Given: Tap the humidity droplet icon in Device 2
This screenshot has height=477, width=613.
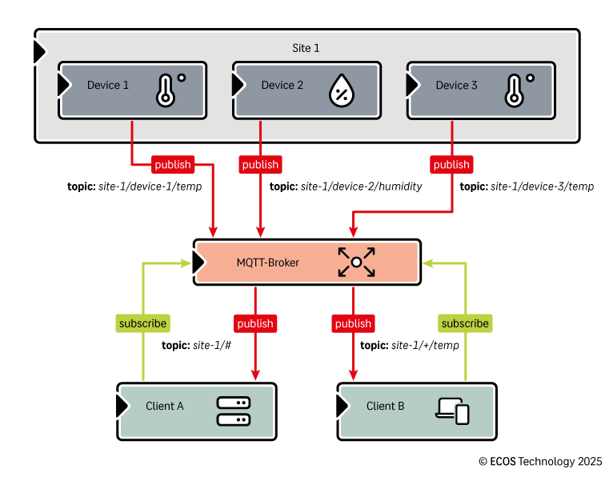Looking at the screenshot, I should pyautogui.click(x=341, y=90).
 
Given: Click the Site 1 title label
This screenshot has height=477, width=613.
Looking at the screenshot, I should pyautogui.click(x=306, y=49).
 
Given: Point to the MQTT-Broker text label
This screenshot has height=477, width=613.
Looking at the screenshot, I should pyautogui.click(x=267, y=262).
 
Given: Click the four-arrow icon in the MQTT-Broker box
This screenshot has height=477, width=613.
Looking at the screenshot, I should pyautogui.click(x=356, y=262).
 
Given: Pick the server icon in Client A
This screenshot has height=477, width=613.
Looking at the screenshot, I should pyautogui.click(x=233, y=411).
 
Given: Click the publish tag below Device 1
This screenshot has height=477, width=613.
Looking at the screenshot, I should pyautogui.click(x=172, y=165).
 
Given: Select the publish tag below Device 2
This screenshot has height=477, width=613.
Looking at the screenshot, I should pyautogui.click(x=260, y=165).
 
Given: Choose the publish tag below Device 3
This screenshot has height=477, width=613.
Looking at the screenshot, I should pyautogui.click(x=451, y=165).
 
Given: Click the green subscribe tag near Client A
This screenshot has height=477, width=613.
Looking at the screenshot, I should pyautogui.click(x=142, y=323).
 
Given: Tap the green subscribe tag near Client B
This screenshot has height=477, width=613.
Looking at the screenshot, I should pyautogui.click(x=465, y=323).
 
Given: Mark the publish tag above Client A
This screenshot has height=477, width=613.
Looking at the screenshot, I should pyautogui.click(x=255, y=323).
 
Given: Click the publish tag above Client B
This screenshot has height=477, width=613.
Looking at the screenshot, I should pyautogui.click(x=353, y=323).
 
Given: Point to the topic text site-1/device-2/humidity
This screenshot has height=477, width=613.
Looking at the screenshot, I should pyautogui.click(x=346, y=186).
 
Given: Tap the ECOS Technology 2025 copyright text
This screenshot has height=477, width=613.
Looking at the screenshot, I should pyautogui.click(x=540, y=462).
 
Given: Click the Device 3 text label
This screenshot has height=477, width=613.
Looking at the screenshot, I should pyautogui.click(x=456, y=86).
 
